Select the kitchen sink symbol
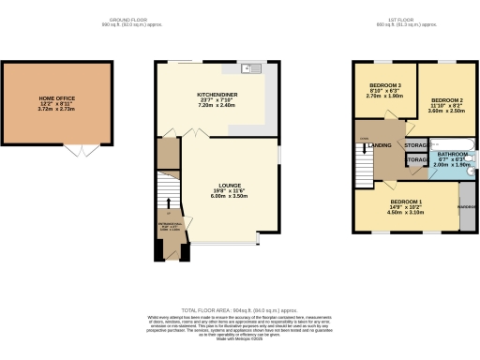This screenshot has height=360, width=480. [251, 67]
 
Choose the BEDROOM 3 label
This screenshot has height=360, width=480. [384, 85]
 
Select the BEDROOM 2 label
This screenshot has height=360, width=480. [447, 99]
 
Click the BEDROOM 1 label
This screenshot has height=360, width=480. [405, 202]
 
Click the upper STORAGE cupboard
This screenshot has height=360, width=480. [417, 146]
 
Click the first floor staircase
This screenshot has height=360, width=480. [364, 164]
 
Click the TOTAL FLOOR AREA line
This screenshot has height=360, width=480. [240, 308]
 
